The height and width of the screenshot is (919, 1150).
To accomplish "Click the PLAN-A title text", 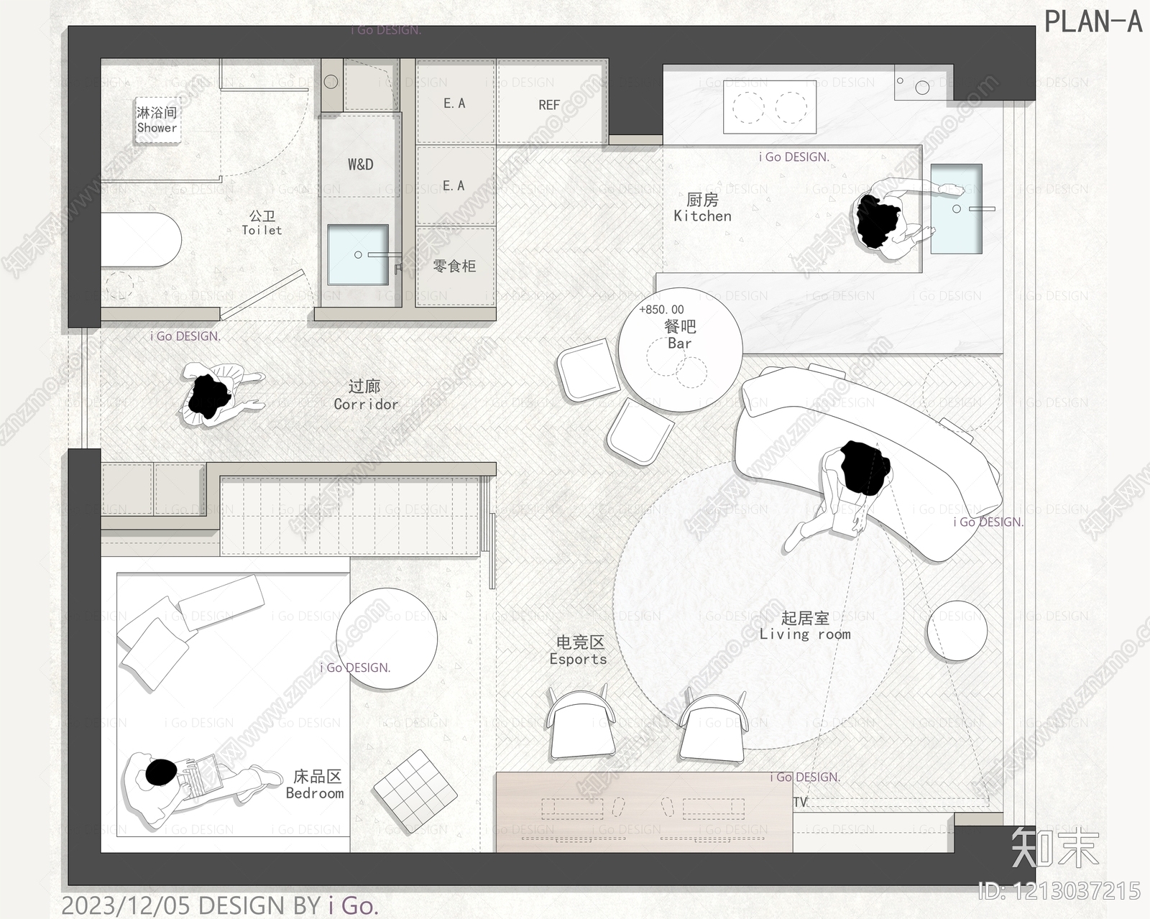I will (1092, 22).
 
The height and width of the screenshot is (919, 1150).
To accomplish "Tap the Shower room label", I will (157, 120).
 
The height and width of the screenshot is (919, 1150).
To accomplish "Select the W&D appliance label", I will (360, 165).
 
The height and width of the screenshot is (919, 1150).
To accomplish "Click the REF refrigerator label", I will (549, 105).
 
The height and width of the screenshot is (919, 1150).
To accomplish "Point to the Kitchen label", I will (702, 208).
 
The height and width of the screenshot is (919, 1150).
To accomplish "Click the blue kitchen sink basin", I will (956, 209).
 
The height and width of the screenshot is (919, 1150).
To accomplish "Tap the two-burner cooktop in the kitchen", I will (770, 108).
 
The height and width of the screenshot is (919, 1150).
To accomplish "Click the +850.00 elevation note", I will (661, 310).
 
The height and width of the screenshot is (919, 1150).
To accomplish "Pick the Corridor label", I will (365, 395).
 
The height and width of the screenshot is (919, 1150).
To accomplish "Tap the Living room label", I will (805, 626).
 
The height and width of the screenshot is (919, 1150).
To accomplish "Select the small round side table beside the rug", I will (957, 630).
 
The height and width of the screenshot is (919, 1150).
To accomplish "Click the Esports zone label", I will (579, 650).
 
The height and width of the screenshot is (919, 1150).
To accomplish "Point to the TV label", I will (800, 802).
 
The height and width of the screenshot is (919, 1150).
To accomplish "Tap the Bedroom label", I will (316, 785).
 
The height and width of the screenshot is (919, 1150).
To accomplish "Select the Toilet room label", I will (262, 223).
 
